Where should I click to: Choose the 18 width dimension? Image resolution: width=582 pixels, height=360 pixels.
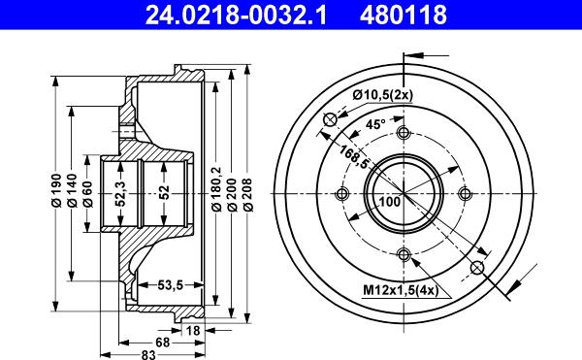click(x=192, y=330)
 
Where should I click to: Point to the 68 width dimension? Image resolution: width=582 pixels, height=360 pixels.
click(x=163, y=343)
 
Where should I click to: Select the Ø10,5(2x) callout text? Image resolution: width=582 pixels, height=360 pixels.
click(x=383, y=93)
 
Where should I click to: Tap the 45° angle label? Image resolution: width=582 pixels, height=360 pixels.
click(x=375, y=124)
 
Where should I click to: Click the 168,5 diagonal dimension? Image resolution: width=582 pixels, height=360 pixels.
click(x=352, y=152)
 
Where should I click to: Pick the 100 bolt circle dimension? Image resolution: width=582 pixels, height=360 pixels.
click(x=390, y=202)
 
